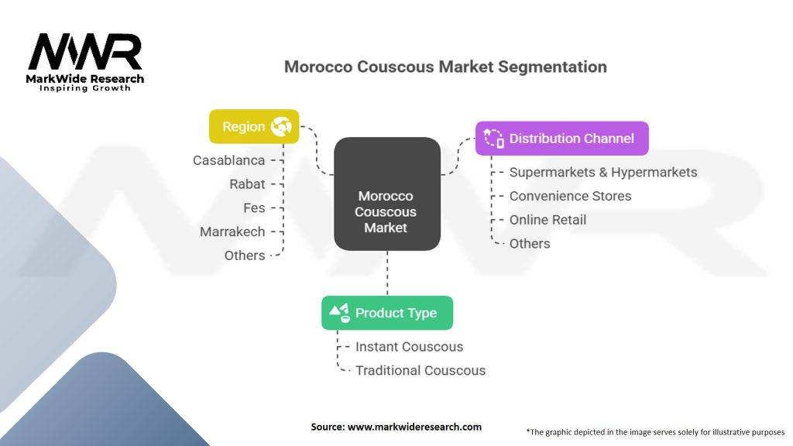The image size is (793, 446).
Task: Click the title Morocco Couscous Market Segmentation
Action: point(445,67)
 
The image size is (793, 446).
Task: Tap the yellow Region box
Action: point(253,126)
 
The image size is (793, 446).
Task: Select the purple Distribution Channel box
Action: point(561,139)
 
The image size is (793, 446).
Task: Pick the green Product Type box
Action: point(387,313)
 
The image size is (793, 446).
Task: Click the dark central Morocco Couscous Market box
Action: point(386,194)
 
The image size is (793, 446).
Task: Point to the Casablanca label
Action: point(228,160)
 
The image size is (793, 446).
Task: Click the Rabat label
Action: point(247,184)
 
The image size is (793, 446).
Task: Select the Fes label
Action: point(254,208)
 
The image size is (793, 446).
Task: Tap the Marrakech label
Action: point(232,232)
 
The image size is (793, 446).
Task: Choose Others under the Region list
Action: point(245,256)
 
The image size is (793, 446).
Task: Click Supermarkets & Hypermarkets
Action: point(602,172)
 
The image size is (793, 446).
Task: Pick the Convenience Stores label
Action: point(570,196)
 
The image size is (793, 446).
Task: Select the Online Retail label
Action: point(548,220)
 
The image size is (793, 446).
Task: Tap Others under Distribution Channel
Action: point(530,243)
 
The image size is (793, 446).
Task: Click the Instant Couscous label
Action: point(409,347)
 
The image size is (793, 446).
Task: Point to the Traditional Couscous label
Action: point(421,370)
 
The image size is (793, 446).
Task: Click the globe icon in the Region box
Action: point(281,127)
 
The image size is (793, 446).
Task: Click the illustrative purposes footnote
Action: point(655,432)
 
